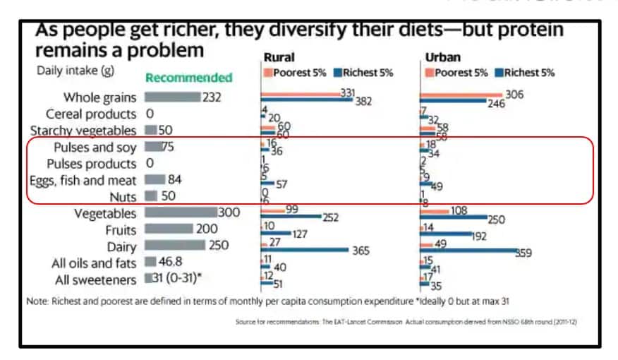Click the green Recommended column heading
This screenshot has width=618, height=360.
pos(188,78)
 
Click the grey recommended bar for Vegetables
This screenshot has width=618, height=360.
pos(180,212)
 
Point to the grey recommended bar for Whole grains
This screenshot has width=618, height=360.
pos(172,97)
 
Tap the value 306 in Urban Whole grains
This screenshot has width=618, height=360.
pos(514,94)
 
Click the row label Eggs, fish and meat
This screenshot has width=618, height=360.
pos(83,180)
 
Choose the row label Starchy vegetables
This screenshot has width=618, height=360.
pos(83,130)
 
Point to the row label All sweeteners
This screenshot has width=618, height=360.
pos(95,280)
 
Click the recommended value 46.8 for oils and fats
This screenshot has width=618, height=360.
pos(176,263)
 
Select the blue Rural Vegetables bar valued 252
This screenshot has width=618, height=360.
pos(291,217)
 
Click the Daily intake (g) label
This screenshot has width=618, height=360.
pos(75,71)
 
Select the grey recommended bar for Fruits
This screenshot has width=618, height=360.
pos(168,229)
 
